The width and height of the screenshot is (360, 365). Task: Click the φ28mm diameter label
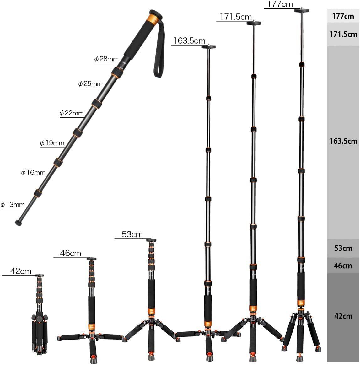[x=106, y=59]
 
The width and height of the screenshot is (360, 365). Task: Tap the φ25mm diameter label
[x=90, y=84]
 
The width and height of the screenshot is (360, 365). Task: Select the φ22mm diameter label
[x=72, y=113]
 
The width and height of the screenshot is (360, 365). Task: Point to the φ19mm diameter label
[x=52, y=143]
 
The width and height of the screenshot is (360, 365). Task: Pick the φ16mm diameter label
[x=33, y=173]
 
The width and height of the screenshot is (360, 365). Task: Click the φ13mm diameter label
[x=13, y=205]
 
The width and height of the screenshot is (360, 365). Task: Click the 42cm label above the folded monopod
[x=21, y=271]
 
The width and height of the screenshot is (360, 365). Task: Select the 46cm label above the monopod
[x=70, y=253]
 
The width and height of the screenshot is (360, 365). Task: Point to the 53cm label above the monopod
[x=132, y=234]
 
